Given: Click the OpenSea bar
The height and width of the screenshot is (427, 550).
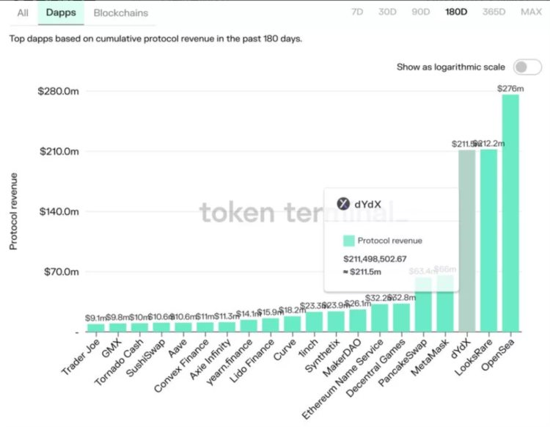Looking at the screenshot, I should click(x=510, y=213).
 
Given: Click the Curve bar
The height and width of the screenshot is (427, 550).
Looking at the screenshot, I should click(x=293, y=324).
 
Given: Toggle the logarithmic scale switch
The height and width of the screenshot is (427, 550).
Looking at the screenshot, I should click(x=527, y=67).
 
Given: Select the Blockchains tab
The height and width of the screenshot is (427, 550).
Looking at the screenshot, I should click(x=121, y=12).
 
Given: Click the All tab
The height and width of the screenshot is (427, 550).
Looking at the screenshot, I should click(x=23, y=12).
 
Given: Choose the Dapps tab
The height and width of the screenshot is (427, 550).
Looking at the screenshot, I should click(x=60, y=12).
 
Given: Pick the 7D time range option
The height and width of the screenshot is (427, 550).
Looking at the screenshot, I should click(x=357, y=12).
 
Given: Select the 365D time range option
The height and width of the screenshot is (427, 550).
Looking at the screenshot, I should click(x=494, y=12).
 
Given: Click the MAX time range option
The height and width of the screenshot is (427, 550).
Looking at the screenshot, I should click(x=531, y=12).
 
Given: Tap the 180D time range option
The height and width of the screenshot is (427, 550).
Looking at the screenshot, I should click(x=456, y=12).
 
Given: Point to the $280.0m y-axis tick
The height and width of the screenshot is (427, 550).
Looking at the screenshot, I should click(x=59, y=91).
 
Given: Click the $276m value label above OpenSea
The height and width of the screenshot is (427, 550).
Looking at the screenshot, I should click(x=510, y=89).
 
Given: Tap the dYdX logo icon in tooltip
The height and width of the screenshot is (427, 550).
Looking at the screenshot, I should click(x=342, y=204).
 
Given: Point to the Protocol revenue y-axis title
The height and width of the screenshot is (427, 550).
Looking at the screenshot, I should click(x=13, y=211).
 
